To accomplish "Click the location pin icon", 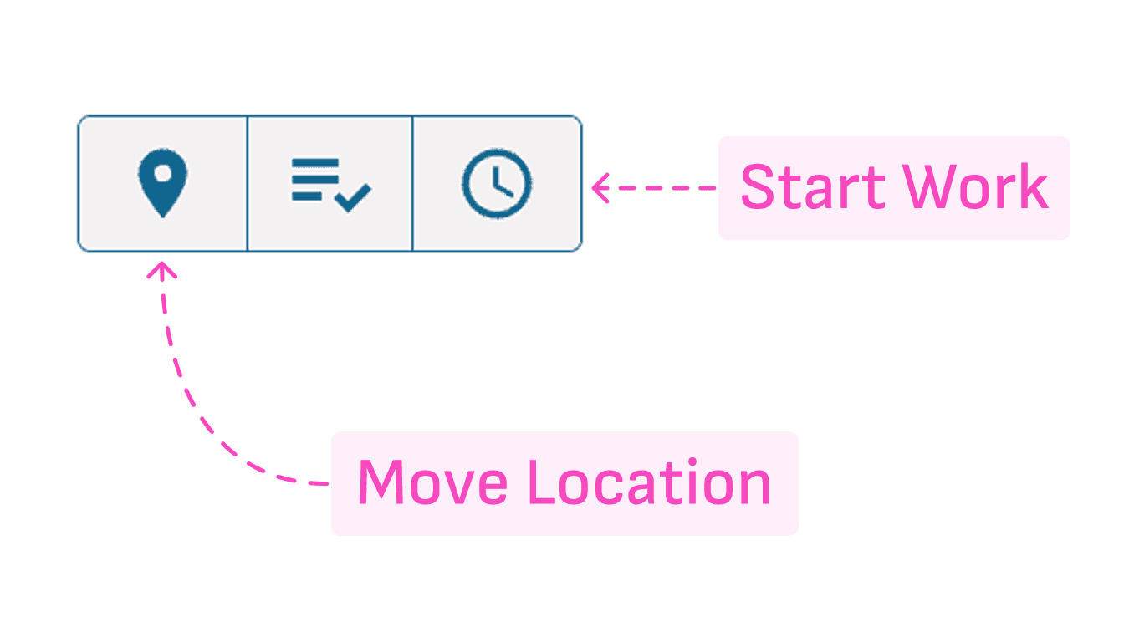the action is [163, 182].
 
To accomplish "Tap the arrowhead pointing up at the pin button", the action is [163, 269].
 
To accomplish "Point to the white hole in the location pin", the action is [164, 171].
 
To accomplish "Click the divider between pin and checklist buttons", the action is [248, 183].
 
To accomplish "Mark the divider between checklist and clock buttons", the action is [412, 183].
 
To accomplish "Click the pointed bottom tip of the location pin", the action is [163, 213].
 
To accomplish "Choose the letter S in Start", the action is [758, 187].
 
